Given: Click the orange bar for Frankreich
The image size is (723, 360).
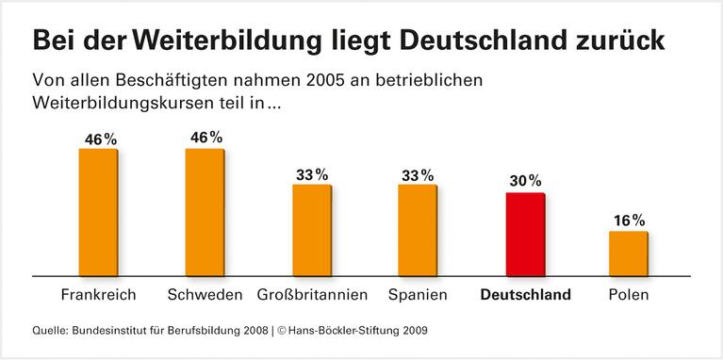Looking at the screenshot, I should coord(98,212).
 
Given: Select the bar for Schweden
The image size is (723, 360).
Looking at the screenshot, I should coord(205,212).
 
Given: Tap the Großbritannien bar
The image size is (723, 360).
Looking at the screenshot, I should coord(311,230).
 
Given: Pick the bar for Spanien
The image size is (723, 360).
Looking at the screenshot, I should coord(418,230).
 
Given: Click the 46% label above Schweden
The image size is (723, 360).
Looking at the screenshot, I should coord(205,138).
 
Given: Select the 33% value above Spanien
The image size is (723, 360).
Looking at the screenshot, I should coord(418,174).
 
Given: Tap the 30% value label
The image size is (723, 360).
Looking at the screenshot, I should coord(525,181).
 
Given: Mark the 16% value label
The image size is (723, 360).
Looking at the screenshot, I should coord(629,221).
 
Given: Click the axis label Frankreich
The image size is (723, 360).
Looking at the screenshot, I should coord(98,295).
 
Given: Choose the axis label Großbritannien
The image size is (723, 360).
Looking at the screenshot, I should coord(312,295).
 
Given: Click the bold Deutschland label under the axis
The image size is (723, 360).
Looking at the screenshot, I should coord(525,295).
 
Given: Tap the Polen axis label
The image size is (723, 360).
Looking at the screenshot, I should coord(629,295).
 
